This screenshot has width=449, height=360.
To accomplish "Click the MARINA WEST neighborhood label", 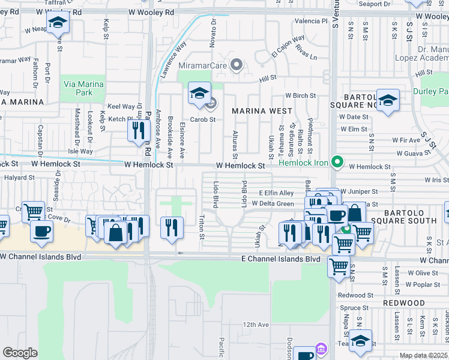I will (262, 111).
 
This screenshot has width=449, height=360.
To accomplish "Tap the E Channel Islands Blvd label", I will (280, 259).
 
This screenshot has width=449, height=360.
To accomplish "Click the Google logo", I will (20, 353).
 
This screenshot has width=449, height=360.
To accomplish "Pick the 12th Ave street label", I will (256, 325).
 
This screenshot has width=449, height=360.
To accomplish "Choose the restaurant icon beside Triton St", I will (172, 226).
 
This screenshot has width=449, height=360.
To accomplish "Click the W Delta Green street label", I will (273, 203).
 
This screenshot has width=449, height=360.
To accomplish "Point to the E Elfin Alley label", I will (276, 193).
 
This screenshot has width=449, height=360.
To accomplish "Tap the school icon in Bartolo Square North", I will (388, 100).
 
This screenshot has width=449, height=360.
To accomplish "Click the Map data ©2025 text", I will (424, 355).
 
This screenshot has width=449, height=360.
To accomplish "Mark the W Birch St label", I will (300, 95).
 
